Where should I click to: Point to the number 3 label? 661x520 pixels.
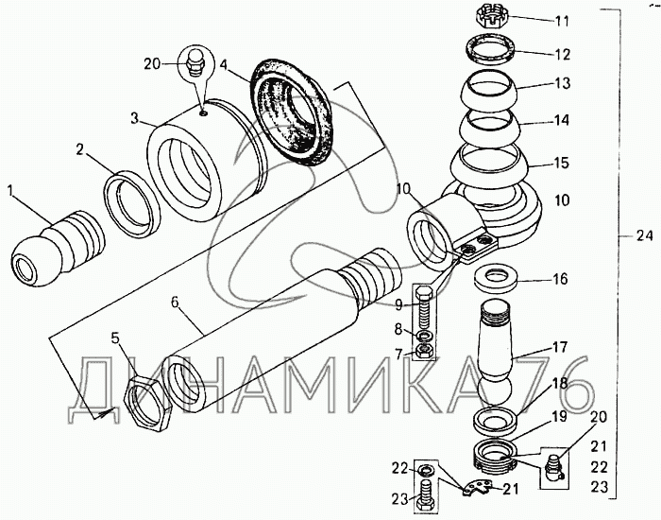tap(135, 120)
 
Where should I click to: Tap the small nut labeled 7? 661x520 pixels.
tap(424, 352)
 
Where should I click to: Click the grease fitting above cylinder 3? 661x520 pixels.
tap(196, 64)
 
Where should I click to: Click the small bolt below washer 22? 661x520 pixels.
tap(425, 493)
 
